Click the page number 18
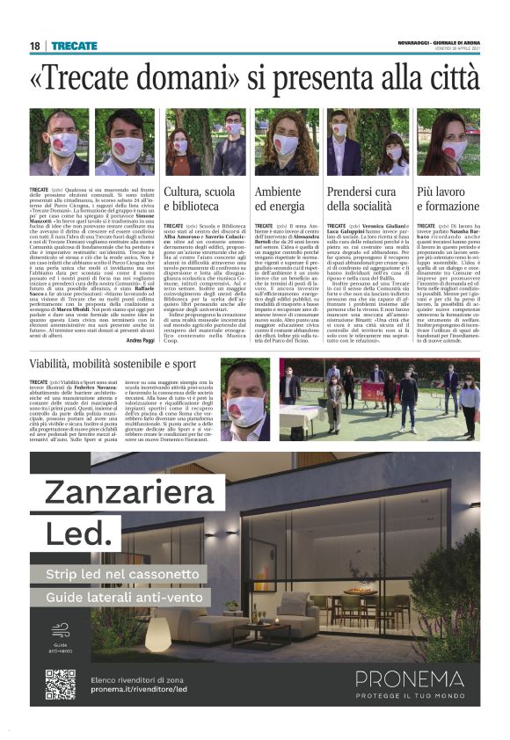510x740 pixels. tap(35, 46)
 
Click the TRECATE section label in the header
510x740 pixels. tap(74, 46)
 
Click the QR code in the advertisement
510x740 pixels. tap(60, 685)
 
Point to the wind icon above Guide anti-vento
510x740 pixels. tap(59, 630)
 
